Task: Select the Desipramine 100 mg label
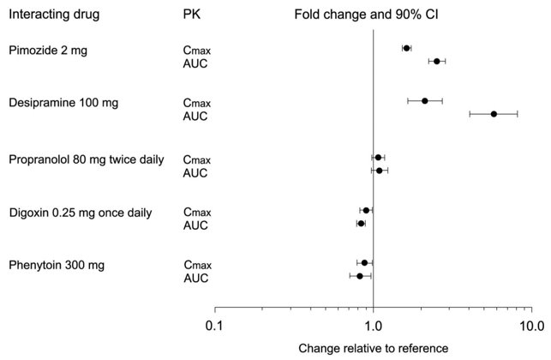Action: point(63,103)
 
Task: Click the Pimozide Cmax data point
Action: point(406,48)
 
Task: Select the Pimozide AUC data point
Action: point(436,61)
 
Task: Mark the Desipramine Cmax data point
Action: point(424,101)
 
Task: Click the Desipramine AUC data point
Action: point(494,114)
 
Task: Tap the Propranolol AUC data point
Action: point(379,171)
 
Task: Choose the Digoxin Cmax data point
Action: point(366,210)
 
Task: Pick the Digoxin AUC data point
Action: point(361,223)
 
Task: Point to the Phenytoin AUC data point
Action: point(360,276)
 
